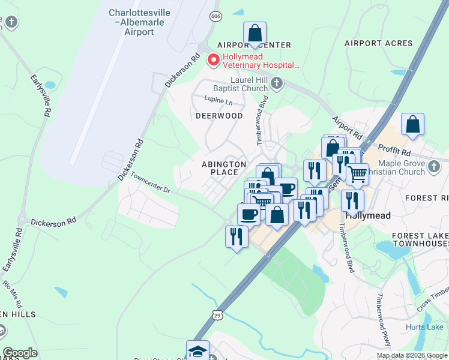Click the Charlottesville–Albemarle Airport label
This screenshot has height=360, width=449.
pos(139,22)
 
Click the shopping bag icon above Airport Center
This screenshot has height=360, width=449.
pos(255,33)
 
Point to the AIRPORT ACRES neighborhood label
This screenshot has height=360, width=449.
pos(378,43)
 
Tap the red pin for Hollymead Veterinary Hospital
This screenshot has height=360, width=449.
pos(212,60)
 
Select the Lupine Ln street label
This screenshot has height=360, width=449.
pos(217,101)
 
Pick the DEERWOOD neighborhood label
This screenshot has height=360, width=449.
pos(219,115)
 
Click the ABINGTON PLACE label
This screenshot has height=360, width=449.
pos(224,168)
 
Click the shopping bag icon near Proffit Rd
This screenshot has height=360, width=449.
pos(413,124)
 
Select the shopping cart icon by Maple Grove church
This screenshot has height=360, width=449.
pos(357,174)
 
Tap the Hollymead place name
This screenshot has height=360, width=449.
pos(367,215)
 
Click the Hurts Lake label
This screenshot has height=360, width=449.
pos(424,327)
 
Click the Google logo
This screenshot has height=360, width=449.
pos(20,353)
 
